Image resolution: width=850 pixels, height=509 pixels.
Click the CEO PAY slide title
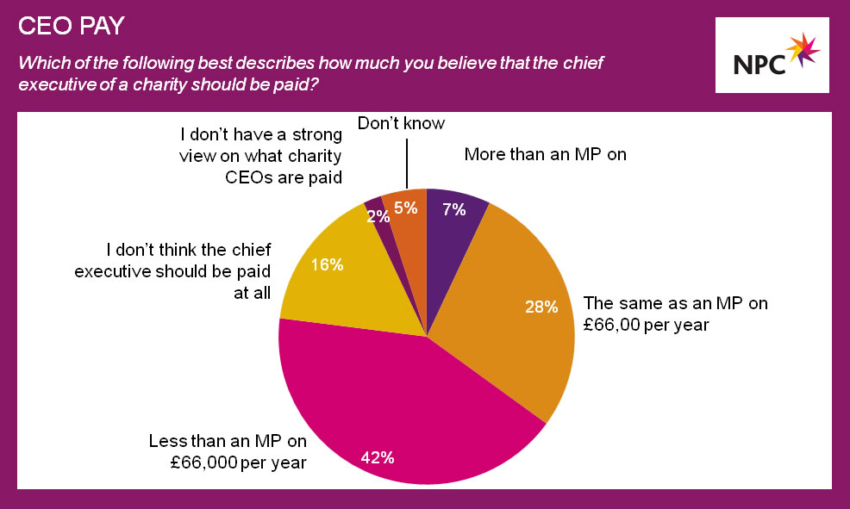tap(72, 26)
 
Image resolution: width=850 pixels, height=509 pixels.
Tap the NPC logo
tap(772, 55)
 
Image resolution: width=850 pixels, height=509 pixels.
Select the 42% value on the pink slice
tap(378, 457)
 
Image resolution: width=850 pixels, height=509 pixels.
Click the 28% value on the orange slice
tap(541, 307)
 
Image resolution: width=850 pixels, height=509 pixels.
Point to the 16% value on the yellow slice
tap(327, 264)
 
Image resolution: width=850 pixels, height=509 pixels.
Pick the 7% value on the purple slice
tap(453, 209)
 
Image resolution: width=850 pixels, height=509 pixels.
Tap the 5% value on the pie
tap(405, 208)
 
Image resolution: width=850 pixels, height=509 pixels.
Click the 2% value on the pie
tap(378, 216)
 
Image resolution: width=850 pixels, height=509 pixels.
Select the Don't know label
tap(401, 123)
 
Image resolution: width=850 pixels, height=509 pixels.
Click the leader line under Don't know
tap(407, 164)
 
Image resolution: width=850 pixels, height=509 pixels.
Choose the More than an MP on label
tap(546, 154)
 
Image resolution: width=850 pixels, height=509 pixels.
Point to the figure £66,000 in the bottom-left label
tap(203, 462)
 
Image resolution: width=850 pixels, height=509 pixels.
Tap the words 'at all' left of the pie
tap(252, 293)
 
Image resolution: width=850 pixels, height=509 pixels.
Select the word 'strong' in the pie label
tap(317, 135)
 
